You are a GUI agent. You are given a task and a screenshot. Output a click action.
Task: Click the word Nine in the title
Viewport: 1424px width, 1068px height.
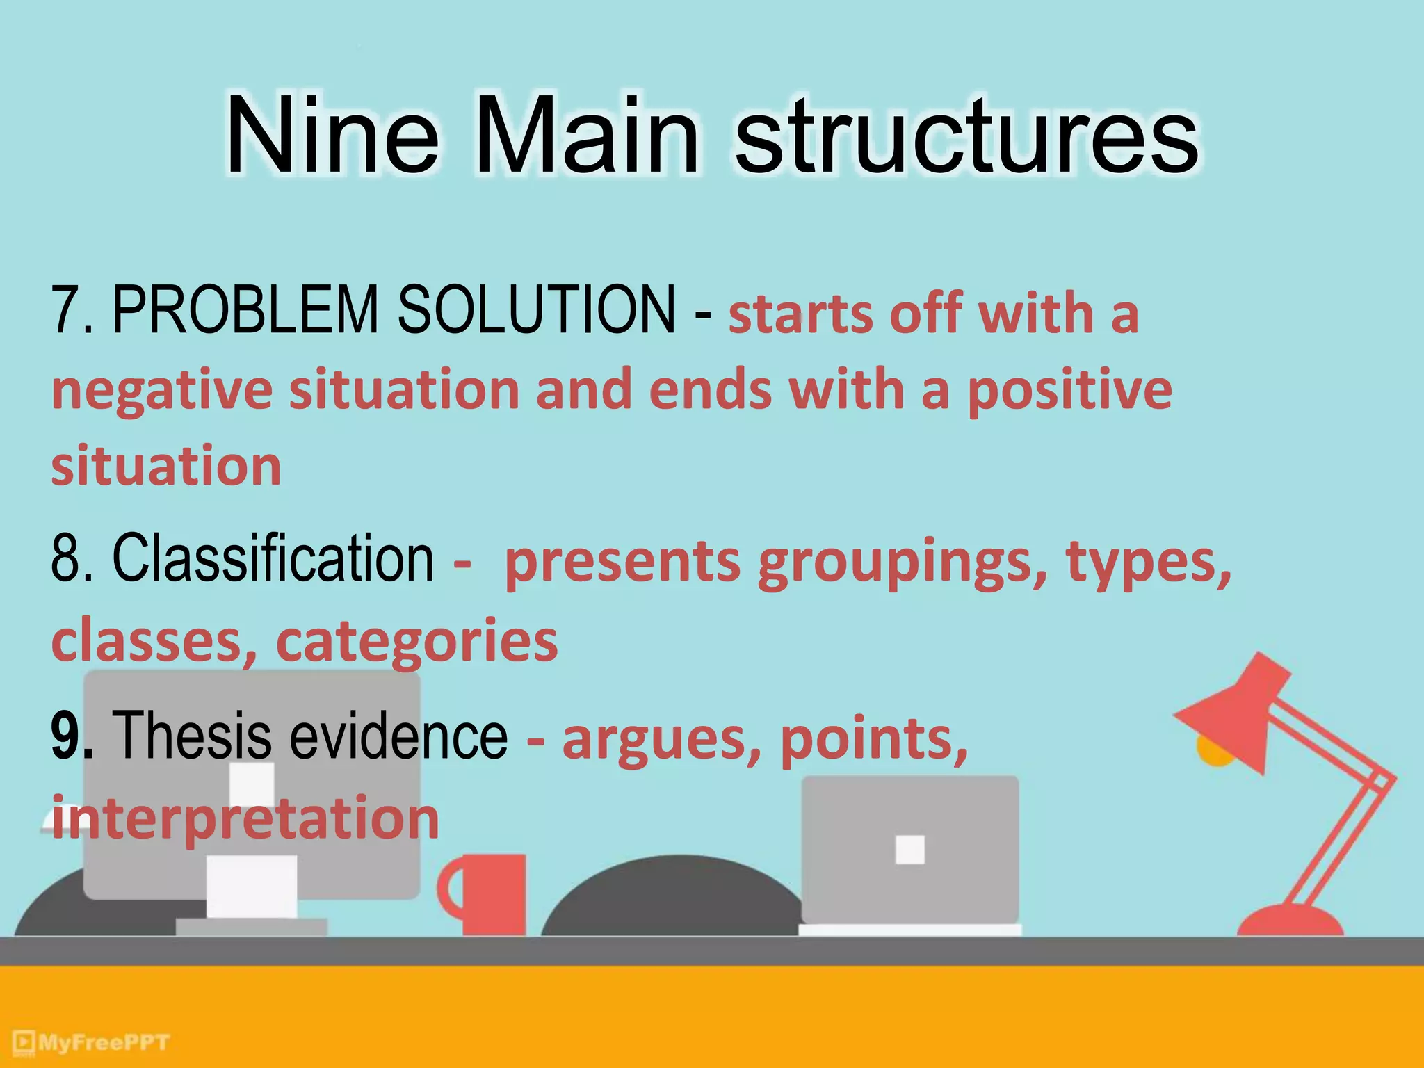click(x=332, y=136)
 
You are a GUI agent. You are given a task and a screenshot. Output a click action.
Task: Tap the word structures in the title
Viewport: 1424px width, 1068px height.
click(x=966, y=136)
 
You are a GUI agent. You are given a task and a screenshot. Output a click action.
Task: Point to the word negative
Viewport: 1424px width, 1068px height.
click(x=161, y=391)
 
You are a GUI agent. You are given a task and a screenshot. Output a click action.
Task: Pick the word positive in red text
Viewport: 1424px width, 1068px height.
click(x=1069, y=391)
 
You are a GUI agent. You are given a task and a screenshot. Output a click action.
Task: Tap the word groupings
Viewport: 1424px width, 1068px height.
click(x=903, y=562)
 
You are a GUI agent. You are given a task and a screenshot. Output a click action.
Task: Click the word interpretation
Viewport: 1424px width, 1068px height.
click(x=245, y=818)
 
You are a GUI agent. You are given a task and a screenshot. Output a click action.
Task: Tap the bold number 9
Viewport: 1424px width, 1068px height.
click(x=70, y=736)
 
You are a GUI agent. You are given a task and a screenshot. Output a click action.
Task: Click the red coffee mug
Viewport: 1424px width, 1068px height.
click(x=487, y=894)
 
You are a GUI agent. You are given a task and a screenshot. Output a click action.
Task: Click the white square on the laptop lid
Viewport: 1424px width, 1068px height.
click(x=909, y=849)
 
